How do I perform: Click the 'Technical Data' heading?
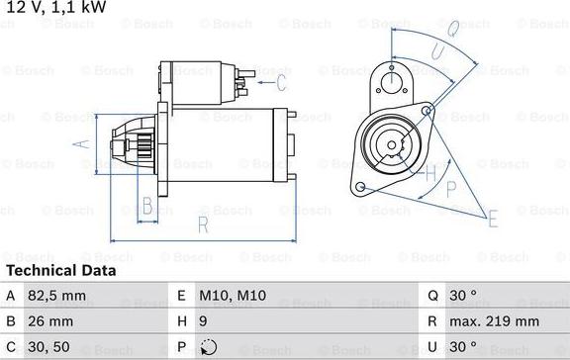[x=60, y=270]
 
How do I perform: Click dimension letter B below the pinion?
[x=147, y=206]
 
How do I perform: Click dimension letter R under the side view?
[x=203, y=225]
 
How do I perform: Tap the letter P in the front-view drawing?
[x=451, y=187]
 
